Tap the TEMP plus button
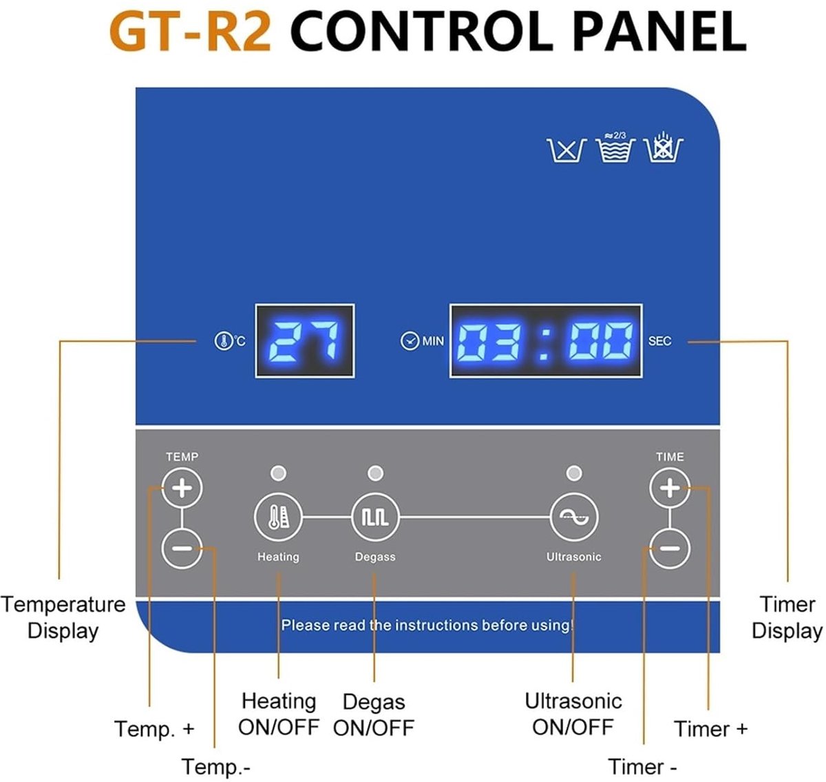(x=182, y=488)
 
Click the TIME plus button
(x=670, y=488)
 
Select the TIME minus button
(x=670, y=548)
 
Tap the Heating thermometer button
(x=278, y=517)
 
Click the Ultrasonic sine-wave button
(x=574, y=517)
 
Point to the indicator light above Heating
(x=278, y=473)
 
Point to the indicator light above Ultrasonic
(x=574, y=473)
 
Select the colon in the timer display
(x=544, y=341)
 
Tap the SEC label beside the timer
(x=659, y=341)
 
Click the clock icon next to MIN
(x=410, y=341)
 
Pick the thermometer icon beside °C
(x=223, y=341)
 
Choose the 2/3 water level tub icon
(x=615, y=147)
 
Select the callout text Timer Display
(x=787, y=617)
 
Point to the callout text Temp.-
(x=216, y=766)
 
